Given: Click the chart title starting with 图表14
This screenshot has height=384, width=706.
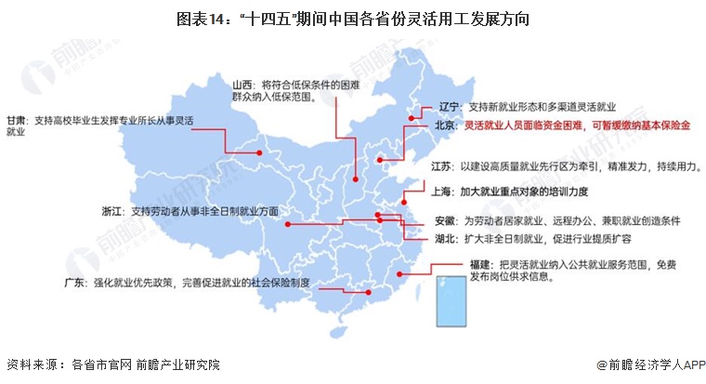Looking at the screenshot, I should [x=352, y=18].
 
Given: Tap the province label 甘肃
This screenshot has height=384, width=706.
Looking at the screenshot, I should [x=18, y=120].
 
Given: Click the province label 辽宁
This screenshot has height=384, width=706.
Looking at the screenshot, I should [x=449, y=107].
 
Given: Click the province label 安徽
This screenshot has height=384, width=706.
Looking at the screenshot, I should [x=447, y=221].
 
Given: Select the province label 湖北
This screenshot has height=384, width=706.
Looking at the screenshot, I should [x=447, y=239].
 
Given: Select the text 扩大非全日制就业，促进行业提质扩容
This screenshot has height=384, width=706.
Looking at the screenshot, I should [x=544, y=239].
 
